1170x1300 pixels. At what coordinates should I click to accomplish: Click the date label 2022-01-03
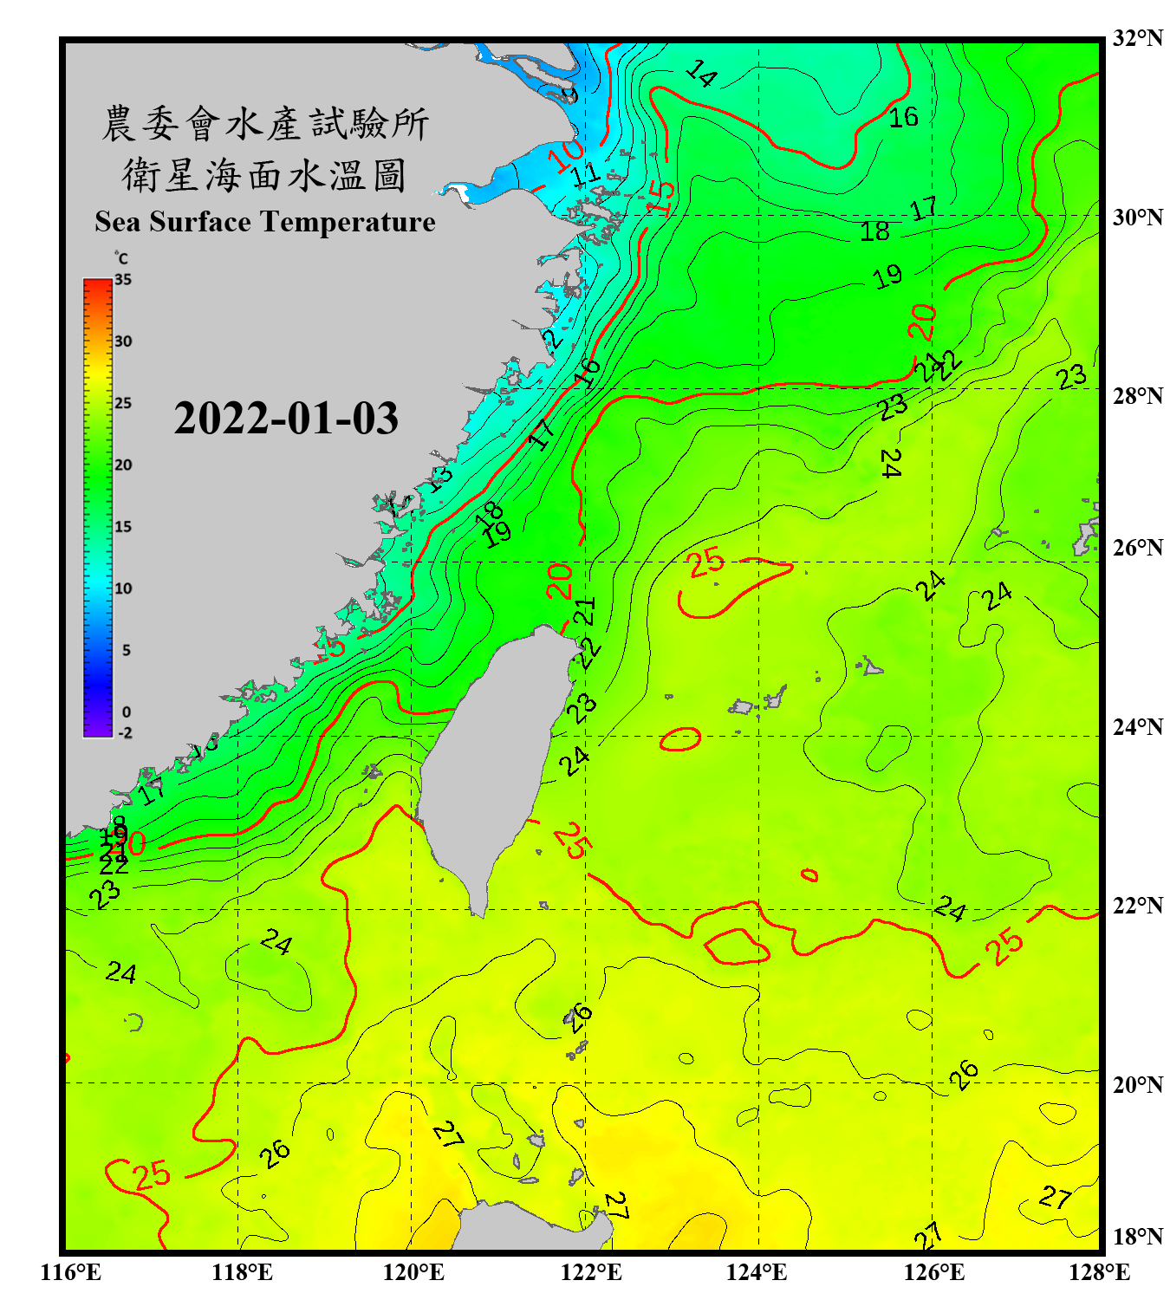[286, 419]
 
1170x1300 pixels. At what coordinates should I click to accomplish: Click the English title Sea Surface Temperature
[265, 222]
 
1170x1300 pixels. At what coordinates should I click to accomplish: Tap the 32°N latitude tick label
[1137, 38]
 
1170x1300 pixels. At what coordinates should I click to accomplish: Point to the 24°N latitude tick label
[1137, 726]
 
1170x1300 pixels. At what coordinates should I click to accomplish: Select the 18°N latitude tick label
[1137, 1237]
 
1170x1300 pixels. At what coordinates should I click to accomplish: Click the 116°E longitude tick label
[70, 1272]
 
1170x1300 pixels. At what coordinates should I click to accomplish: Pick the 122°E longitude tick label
[591, 1272]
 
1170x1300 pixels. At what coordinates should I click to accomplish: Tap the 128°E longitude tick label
[1099, 1272]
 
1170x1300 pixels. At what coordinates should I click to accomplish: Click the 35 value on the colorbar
[123, 280]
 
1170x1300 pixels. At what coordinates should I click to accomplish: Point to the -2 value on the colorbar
[125, 732]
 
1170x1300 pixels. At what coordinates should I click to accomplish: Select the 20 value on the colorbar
[123, 465]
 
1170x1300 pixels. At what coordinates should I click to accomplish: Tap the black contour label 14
[701, 74]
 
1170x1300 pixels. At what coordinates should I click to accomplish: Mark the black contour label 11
[586, 173]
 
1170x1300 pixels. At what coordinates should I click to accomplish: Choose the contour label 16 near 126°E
[903, 117]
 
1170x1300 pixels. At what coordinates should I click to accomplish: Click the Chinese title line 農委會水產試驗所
[265, 124]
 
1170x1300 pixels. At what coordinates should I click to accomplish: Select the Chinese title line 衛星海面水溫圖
[265, 175]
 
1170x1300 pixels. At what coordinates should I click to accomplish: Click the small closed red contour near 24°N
[680, 738]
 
